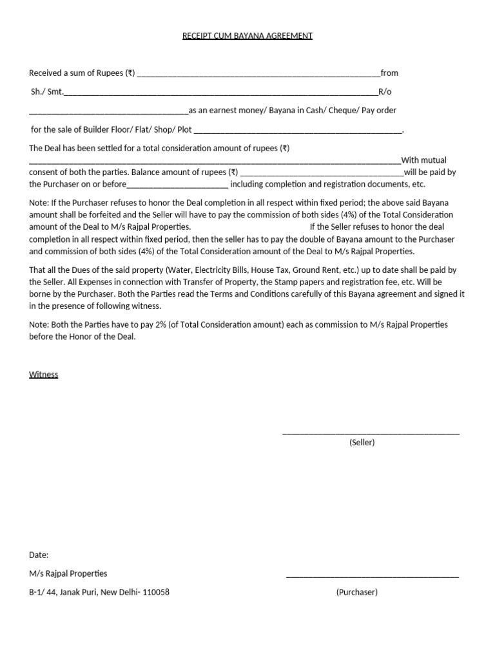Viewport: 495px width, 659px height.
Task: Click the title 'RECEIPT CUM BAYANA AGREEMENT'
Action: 247,36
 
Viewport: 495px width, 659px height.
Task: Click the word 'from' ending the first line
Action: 389,73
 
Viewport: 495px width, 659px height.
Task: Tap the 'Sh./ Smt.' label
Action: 47,92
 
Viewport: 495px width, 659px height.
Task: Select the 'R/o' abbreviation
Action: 385,92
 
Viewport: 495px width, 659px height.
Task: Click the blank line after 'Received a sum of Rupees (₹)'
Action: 258,75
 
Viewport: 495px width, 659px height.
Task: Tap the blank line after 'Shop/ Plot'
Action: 297,132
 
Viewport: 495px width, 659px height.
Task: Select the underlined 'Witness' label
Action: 44,375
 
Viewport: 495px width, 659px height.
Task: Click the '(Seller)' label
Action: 362,443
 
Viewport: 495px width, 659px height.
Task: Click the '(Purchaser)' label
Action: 356,592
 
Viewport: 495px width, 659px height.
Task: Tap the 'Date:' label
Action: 39,555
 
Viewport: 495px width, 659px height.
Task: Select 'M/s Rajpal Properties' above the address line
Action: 68,573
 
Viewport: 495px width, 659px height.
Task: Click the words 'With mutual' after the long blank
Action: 423,160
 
